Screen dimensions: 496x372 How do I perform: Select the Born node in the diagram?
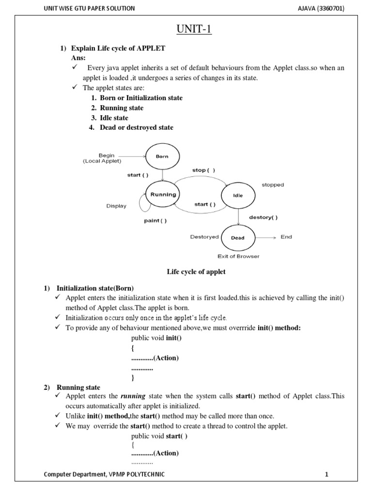coord(162,156)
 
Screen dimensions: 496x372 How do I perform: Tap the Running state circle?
coord(163,195)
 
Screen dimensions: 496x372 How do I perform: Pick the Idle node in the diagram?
coord(238,196)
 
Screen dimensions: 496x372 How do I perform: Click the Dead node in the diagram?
coord(238,238)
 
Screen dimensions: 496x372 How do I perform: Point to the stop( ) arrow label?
coord(203,170)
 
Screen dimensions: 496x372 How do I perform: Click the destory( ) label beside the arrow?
coord(263,217)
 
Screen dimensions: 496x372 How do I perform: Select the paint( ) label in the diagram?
coord(155,221)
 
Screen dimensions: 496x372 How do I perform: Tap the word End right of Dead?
coord(286,237)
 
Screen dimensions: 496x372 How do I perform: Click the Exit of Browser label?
coord(238,256)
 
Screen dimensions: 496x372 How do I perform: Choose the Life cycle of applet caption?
coord(196,272)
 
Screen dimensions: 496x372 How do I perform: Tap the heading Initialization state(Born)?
coord(95,288)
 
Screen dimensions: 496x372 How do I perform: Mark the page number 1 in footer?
coord(326,475)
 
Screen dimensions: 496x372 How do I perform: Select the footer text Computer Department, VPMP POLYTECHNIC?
coord(104,475)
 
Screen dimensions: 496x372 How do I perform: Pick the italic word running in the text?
coord(133,396)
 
